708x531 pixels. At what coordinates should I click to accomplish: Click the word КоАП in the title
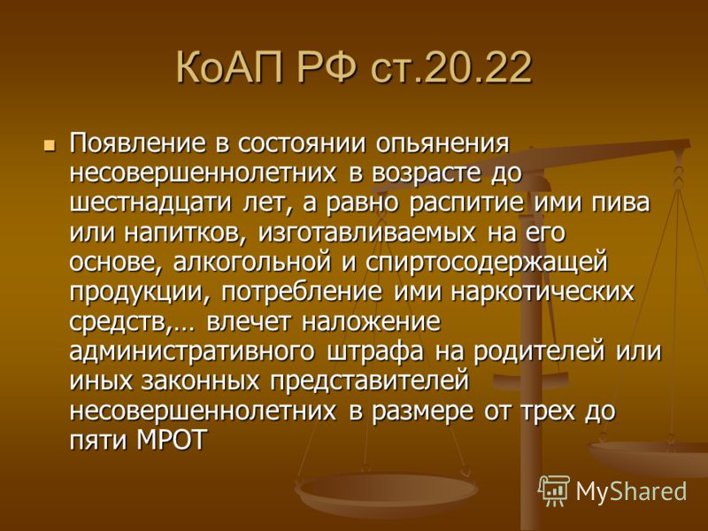tap(228, 68)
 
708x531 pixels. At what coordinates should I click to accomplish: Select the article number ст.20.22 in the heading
tap(450, 69)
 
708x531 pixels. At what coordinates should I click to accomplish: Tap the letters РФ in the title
tap(326, 68)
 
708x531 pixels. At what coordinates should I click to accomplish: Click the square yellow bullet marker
tap(49, 145)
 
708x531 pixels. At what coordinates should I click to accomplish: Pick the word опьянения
tap(442, 144)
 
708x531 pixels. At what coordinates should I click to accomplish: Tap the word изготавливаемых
tap(366, 233)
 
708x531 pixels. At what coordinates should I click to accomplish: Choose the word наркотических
tap(543, 293)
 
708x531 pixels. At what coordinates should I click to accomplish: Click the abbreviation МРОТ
tap(171, 441)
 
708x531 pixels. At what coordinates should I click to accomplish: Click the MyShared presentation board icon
tap(554, 490)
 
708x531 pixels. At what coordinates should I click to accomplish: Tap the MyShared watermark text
tap(631, 491)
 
